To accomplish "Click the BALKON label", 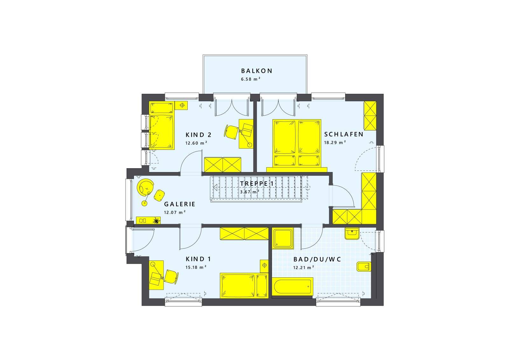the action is pyautogui.click(x=256, y=71).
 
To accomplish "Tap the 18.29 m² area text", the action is pyautogui.click(x=335, y=143).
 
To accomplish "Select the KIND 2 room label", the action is pyautogui.click(x=199, y=135).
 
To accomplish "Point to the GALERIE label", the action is pyautogui.click(x=179, y=204).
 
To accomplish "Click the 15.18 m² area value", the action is pyautogui.click(x=196, y=267).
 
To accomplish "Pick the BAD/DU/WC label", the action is pyautogui.click(x=317, y=260).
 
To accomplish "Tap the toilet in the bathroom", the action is pyautogui.click(x=364, y=267).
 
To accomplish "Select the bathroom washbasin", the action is pyautogui.click(x=352, y=234).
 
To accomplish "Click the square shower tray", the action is pyautogui.click(x=283, y=238).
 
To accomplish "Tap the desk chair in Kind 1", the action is pyautogui.click(x=171, y=277).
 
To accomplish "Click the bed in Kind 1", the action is pyautogui.click(x=244, y=286).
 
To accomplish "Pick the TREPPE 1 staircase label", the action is pyautogui.click(x=257, y=183).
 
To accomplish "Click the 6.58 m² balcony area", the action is pyautogui.click(x=250, y=79).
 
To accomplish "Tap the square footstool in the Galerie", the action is pyautogui.click(x=159, y=195).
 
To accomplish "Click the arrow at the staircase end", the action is pyautogui.click(x=215, y=187).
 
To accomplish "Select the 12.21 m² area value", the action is pyautogui.click(x=303, y=267).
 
